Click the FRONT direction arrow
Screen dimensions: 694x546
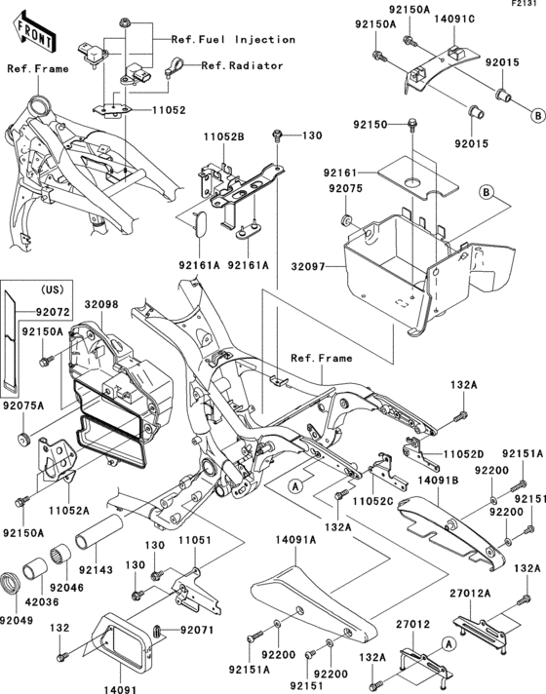pyautogui.click(x=28, y=33)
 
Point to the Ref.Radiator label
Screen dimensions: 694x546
pyautogui.click(x=242, y=66)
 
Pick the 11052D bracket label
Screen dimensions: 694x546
pyautogui.click(x=466, y=455)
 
